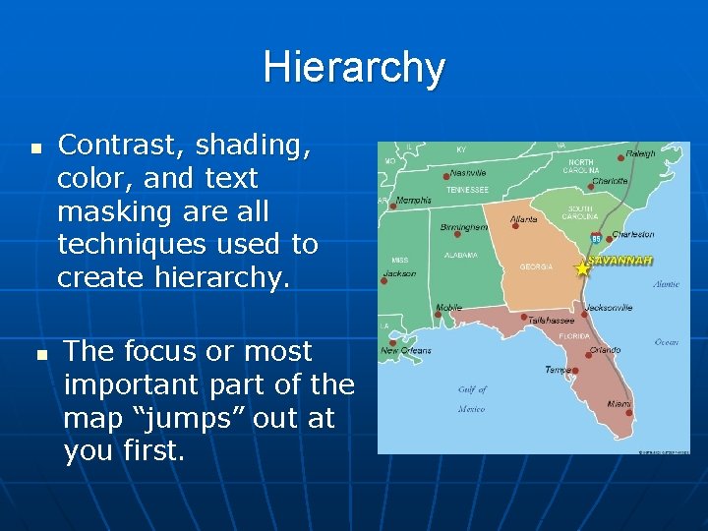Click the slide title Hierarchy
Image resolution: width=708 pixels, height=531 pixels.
(x=354, y=68)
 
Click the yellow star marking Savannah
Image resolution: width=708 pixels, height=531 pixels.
(x=581, y=267)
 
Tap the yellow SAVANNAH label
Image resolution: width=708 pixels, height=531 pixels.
(x=619, y=261)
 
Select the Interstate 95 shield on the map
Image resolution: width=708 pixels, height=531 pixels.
(x=596, y=237)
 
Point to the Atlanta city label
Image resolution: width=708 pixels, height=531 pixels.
(x=523, y=218)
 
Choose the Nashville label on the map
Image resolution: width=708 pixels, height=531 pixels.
(x=470, y=172)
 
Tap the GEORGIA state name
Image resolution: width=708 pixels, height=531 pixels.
(x=536, y=266)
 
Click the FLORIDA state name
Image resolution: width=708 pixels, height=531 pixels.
(x=574, y=335)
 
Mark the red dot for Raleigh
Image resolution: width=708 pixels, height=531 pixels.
(x=620, y=156)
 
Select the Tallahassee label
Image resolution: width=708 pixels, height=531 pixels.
(x=551, y=320)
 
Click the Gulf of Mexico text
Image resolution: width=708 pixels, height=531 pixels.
(x=472, y=399)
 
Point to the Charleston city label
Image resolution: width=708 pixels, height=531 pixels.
(x=632, y=235)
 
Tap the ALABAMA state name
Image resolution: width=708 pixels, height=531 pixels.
(x=461, y=254)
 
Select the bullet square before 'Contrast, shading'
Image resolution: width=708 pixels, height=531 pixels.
(x=36, y=149)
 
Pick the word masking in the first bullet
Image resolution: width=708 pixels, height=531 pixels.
(x=101, y=211)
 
